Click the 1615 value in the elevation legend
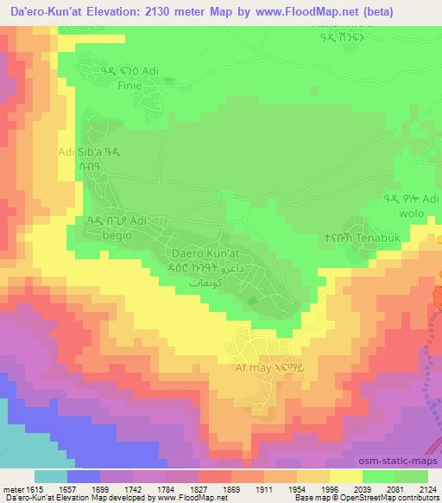(x=31, y=488)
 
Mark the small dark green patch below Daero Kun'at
(x=251, y=300)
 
